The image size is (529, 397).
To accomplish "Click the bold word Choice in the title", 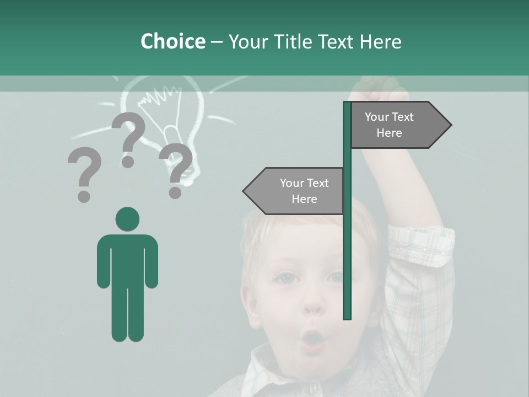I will pyautogui.click(x=172, y=41).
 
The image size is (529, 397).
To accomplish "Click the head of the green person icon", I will pyautogui.click(x=127, y=219).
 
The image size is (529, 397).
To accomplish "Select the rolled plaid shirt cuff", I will pyautogui.click(x=422, y=243).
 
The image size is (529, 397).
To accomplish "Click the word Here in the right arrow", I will pyautogui.click(x=389, y=133).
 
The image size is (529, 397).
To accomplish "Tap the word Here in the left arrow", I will pyautogui.click(x=304, y=199).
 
